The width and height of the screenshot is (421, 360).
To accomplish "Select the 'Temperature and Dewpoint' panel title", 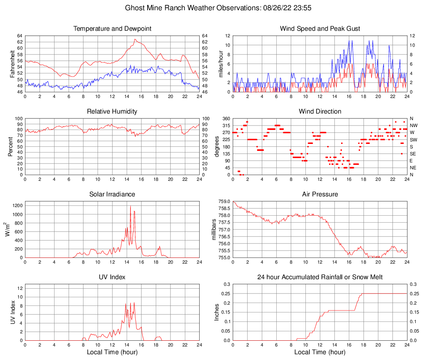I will [x=112, y=29].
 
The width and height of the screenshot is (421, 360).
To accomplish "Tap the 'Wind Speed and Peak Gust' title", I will [x=320, y=29].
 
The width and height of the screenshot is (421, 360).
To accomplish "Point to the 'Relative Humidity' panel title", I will [x=112, y=112].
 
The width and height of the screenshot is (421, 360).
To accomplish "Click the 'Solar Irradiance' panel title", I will [x=112, y=194].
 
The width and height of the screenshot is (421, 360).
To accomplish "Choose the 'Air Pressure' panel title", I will [x=320, y=194].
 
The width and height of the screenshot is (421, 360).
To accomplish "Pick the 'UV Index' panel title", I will [x=112, y=277].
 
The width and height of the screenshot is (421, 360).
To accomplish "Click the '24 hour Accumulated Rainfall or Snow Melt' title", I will [x=320, y=277].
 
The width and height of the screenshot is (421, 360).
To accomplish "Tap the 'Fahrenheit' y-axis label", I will [x=12, y=64].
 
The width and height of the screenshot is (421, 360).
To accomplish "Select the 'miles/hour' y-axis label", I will [x=220, y=64].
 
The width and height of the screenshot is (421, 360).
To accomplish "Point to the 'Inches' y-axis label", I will [x=217, y=312].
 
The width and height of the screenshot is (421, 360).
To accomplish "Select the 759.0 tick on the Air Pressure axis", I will [x=225, y=201].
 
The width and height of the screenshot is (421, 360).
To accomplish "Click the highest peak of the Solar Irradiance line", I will [x=130, y=206].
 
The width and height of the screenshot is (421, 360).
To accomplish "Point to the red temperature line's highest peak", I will [x=135, y=39].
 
